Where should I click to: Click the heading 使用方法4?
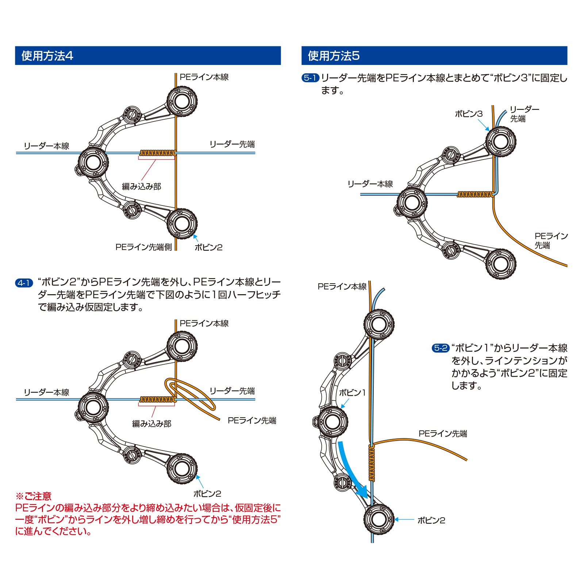click(x=47, y=56)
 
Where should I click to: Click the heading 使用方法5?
click(x=334, y=56)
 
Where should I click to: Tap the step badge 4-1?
click(x=24, y=283)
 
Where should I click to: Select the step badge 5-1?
click(x=310, y=78)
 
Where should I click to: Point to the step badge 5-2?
click(x=441, y=348)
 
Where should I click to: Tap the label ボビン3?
click(x=469, y=114)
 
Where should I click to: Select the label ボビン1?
click(x=352, y=393)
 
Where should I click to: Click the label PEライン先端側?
click(x=143, y=247)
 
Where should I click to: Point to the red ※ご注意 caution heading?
click(x=34, y=496)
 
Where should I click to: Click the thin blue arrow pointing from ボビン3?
click(x=483, y=125)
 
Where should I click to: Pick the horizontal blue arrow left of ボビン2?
click(x=404, y=519)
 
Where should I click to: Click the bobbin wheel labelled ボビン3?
click(x=501, y=142)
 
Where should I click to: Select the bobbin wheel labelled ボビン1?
click(x=332, y=422)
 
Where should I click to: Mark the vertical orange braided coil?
click(x=372, y=463)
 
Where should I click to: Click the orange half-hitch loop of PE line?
click(x=190, y=393)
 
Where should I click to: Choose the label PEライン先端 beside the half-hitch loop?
click(x=252, y=420)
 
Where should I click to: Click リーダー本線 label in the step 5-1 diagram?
click(x=370, y=184)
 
